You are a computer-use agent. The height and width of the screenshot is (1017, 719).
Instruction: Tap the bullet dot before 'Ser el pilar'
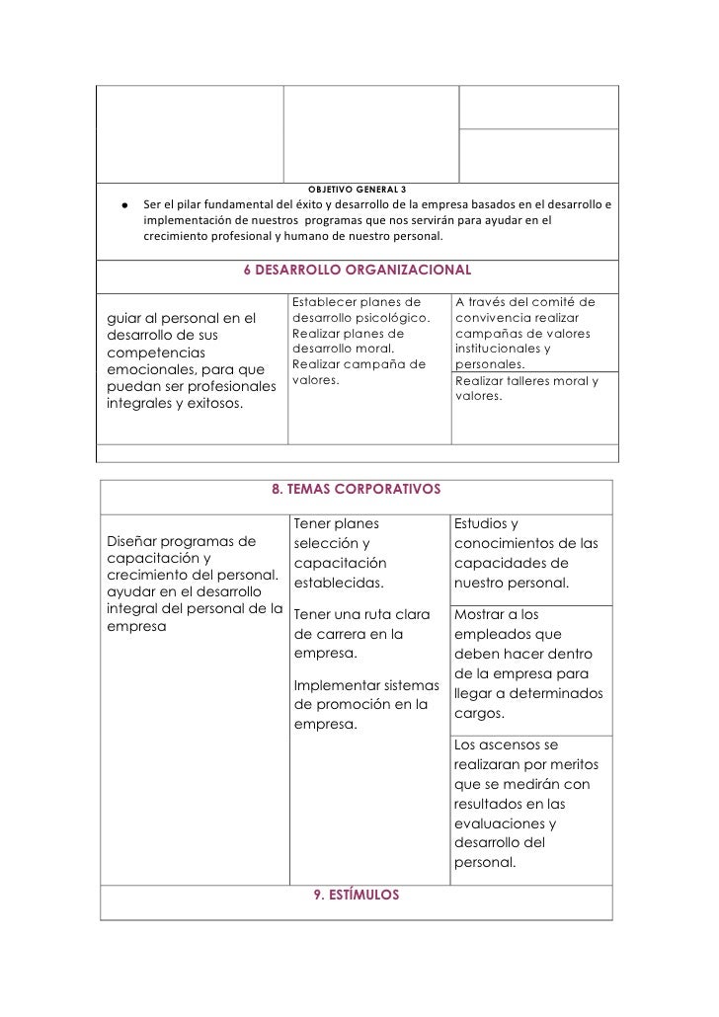click(x=125, y=205)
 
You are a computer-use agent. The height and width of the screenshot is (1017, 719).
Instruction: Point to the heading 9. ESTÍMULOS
click(x=356, y=895)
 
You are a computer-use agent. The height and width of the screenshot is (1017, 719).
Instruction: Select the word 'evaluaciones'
click(x=499, y=823)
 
